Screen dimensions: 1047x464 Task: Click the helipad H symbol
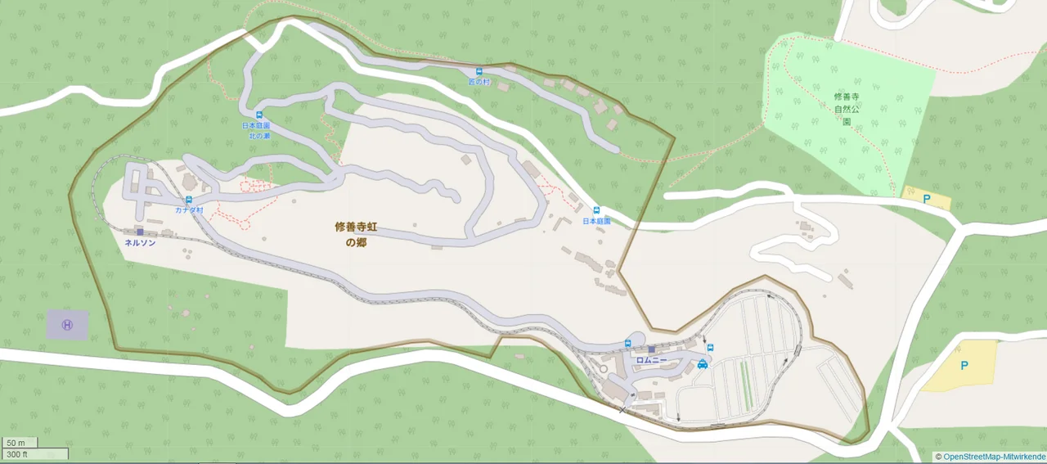(67, 325)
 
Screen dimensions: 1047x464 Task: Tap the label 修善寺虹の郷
(356, 233)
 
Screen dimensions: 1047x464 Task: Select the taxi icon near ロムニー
(703, 364)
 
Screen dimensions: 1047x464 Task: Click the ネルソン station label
(140, 243)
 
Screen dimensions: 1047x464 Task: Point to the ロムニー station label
(651, 361)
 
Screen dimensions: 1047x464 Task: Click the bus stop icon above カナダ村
(189, 200)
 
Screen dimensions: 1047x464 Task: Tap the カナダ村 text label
(189, 210)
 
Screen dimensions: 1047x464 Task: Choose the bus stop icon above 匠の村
(479, 71)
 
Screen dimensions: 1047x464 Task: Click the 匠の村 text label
(479, 82)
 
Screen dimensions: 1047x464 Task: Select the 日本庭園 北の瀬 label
(256, 130)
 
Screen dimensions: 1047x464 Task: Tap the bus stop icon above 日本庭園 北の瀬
(258, 115)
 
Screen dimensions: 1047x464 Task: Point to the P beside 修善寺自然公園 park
(927, 199)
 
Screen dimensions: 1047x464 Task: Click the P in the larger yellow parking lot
(964, 366)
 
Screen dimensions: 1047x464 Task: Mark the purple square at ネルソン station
(140, 232)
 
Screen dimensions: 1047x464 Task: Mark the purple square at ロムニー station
(651, 349)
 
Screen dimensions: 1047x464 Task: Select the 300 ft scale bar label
(18, 454)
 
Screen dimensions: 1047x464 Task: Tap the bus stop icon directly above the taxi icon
(710, 348)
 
